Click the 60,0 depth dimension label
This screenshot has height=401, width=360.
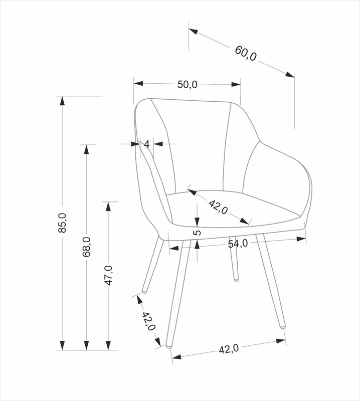click(246, 54)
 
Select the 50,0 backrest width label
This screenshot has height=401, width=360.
click(188, 84)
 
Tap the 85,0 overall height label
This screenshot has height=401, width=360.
click(62, 223)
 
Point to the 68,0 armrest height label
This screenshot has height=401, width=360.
click(86, 247)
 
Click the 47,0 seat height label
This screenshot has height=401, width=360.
click(108, 275)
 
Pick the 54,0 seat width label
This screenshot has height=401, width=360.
click(238, 244)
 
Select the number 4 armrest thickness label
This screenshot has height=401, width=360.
click(146, 144)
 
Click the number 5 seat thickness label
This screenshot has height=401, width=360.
click(197, 233)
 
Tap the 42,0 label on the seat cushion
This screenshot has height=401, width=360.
click(218, 207)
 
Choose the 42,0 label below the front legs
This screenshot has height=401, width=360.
click(229, 349)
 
